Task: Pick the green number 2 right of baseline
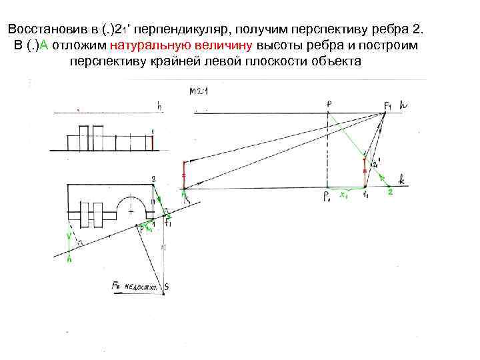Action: (x=390, y=192)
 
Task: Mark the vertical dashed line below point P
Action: (x=327, y=150)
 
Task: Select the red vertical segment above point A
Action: (x=184, y=174)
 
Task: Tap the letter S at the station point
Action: (x=166, y=287)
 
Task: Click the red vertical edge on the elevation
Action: (x=153, y=141)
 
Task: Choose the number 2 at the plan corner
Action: (x=153, y=178)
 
